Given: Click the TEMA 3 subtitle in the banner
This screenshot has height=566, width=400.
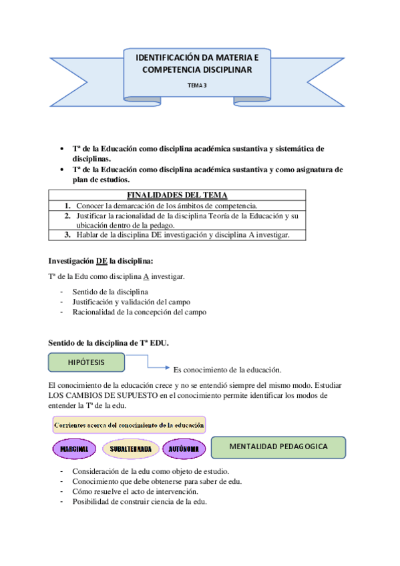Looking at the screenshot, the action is tap(197, 85).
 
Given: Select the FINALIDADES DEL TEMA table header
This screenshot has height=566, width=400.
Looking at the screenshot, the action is tap(177, 195).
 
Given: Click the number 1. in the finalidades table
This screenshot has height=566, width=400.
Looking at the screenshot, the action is tap(68, 205).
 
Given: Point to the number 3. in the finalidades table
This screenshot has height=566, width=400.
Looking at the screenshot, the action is tap(68, 234).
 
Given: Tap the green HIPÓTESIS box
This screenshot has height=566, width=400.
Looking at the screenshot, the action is tap(87, 362).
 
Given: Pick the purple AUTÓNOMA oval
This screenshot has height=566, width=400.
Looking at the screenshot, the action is tap(182, 449).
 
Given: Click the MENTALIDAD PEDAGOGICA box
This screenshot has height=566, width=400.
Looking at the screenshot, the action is tap(278, 447).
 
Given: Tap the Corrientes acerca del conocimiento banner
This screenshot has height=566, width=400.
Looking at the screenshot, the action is tap(129, 424).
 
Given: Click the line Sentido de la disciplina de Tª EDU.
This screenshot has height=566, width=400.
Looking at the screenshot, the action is tap(109, 343).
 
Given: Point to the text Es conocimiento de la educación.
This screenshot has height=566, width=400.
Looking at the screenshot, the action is tap(227, 370).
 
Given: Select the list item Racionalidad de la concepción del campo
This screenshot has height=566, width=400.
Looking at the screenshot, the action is tap(140, 312).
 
